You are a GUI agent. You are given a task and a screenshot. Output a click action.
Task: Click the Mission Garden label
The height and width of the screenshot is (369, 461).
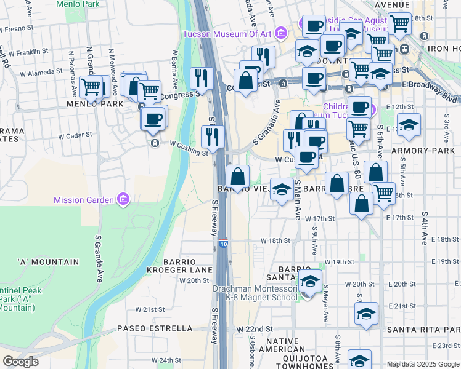coord(83,200)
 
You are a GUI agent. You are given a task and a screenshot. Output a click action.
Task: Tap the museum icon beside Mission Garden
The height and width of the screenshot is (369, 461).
coord(123,199)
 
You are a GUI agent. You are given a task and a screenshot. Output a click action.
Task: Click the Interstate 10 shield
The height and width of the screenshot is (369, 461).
coord(222,244)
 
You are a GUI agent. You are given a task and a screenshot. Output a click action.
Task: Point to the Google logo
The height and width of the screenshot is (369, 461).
coord(21,362)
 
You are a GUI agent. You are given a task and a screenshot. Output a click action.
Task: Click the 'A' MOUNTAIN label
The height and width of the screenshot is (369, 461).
coord(49,262)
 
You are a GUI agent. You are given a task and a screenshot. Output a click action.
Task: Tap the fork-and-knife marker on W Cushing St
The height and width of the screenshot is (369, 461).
coord(212,137)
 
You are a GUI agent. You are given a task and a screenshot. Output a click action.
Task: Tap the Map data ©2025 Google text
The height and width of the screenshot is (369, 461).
coord(423,363)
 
